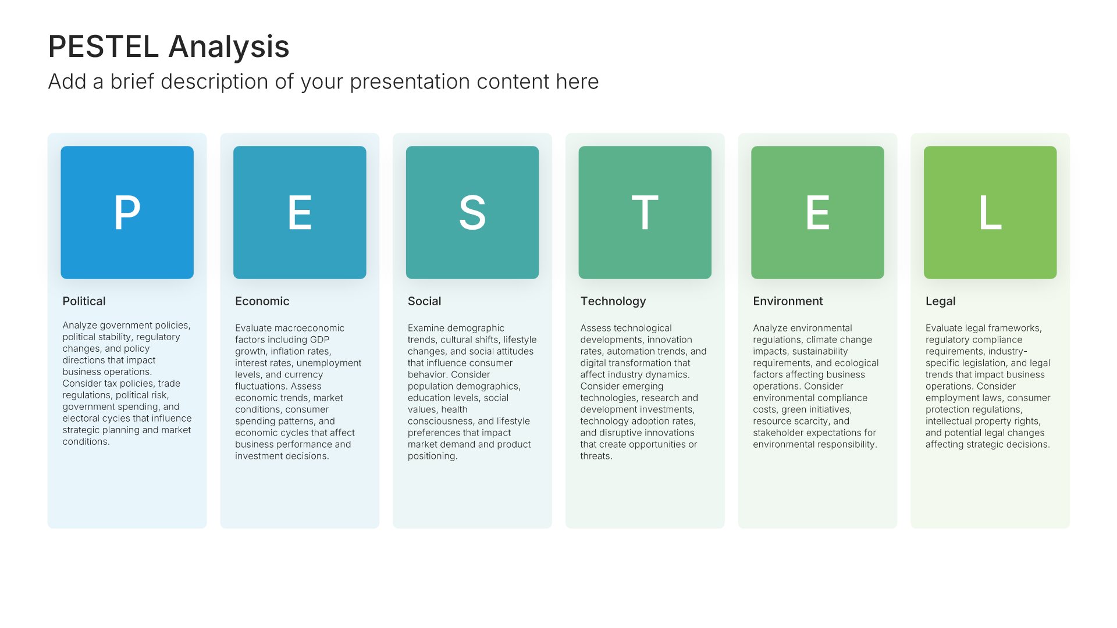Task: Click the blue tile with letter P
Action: pyautogui.click(x=127, y=212)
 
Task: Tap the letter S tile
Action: pyautogui.click(x=472, y=212)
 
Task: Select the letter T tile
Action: pyautogui.click(x=645, y=212)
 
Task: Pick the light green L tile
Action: pyautogui.click(x=990, y=212)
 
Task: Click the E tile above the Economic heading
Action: pyautogui.click(x=300, y=212)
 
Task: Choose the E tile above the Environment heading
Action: pyautogui.click(x=817, y=212)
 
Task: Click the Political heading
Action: pyautogui.click(x=84, y=301)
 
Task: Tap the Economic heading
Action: pyautogui.click(x=262, y=301)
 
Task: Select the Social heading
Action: pyautogui.click(x=424, y=301)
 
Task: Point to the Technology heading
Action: pyautogui.click(x=613, y=301)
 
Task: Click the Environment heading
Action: pyautogui.click(x=788, y=301)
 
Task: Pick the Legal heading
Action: pyautogui.click(x=940, y=301)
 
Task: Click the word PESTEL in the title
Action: pyautogui.click(x=103, y=47)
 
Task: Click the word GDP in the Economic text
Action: pyautogui.click(x=319, y=340)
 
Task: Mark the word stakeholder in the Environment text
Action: pyautogui.click(x=777, y=433)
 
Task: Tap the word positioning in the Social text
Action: pyautogui.click(x=432, y=456)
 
